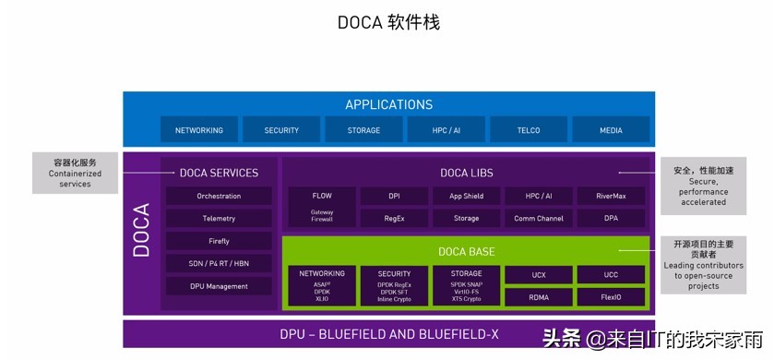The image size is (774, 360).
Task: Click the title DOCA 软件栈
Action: [x=388, y=21]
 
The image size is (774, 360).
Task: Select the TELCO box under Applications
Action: [x=528, y=130]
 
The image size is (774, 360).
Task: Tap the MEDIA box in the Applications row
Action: [x=611, y=130]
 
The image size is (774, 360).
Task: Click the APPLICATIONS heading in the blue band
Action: [x=388, y=105]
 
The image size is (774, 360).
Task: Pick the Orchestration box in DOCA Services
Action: [x=219, y=196]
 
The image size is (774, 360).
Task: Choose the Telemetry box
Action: [x=219, y=219]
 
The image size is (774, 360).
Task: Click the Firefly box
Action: [x=219, y=241]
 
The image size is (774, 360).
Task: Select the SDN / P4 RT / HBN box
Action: [x=219, y=263]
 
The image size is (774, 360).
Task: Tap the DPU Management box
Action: [x=219, y=286]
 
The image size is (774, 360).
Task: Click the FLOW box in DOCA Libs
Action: [x=322, y=196]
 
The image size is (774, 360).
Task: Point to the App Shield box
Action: [x=466, y=196]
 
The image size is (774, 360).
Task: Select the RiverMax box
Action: [x=611, y=196]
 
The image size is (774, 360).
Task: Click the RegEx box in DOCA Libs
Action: [x=394, y=219]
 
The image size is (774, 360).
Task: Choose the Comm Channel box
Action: [x=538, y=219]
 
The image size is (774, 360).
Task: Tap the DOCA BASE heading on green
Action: [x=466, y=251]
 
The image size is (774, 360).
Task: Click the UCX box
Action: [x=538, y=274]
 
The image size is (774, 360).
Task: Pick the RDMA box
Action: [x=538, y=297]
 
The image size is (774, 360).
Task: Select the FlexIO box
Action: [x=611, y=297]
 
